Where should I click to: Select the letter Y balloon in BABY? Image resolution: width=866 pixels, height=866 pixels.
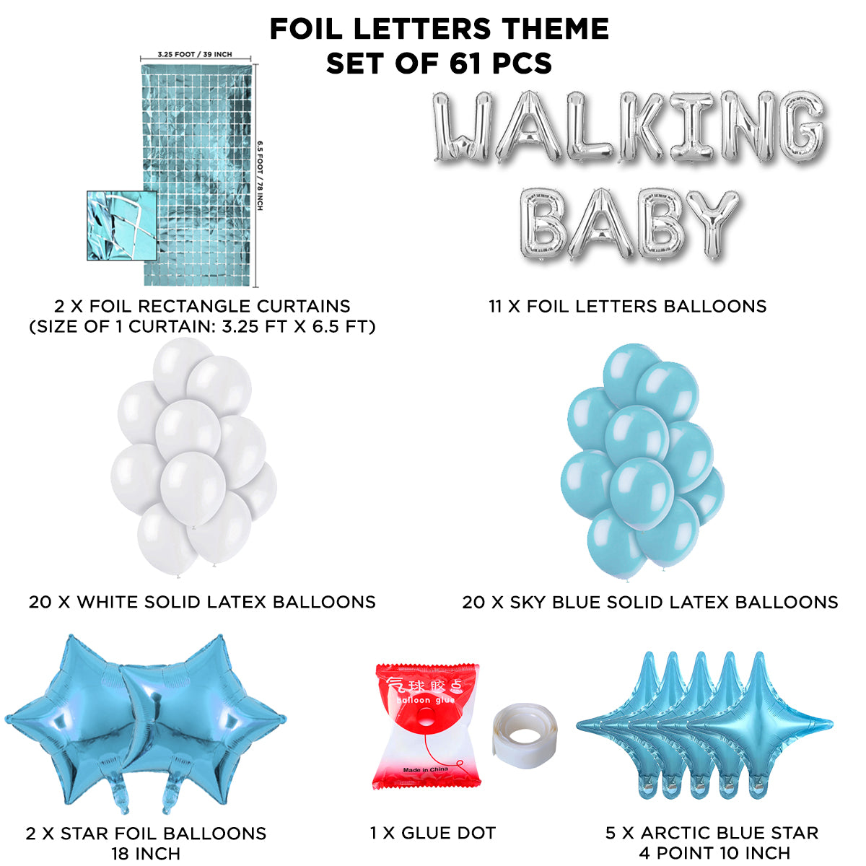point(710,224)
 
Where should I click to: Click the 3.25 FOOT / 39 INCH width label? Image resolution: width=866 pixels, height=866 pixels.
point(195,55)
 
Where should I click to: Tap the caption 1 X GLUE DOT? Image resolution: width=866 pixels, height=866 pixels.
point(432,834)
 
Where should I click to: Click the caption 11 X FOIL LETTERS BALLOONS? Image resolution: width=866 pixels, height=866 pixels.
point(627,306)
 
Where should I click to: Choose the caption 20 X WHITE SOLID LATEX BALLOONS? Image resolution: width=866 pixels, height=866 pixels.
point(202,602)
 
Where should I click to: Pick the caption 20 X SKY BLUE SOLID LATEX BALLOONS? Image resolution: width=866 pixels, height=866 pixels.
point(649,602)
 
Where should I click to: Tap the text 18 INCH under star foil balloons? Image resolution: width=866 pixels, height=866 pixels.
point(146,854)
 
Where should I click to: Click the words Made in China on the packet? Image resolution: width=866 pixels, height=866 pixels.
point(426,769)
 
